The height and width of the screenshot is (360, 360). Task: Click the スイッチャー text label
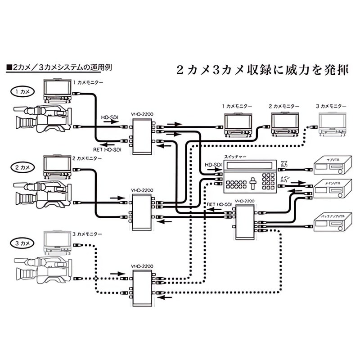click(235, 157)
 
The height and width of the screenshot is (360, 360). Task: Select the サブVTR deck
click(330, 166)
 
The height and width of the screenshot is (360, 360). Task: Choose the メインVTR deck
click(330, 189)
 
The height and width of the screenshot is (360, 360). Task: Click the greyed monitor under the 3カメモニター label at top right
click(333, 124)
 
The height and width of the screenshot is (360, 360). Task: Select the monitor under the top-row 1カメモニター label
click(238, 124)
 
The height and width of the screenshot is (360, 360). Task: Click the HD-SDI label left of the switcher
click(213, 165)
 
